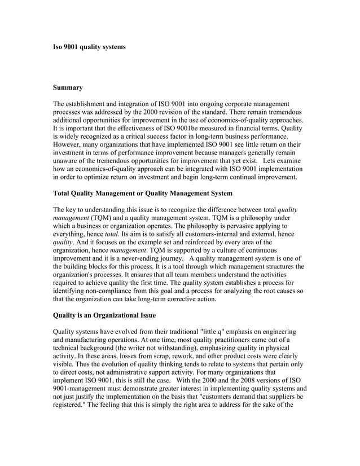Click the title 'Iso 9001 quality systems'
(89, 47)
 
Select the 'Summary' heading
(68, 87)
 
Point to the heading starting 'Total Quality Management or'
(142, 194)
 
